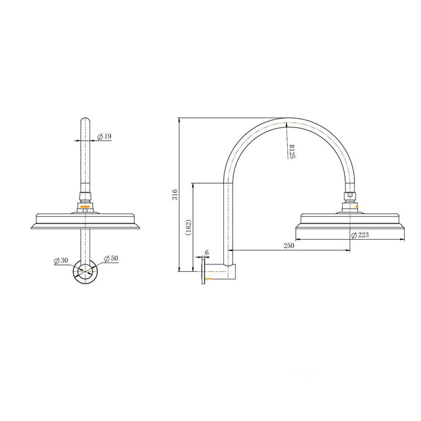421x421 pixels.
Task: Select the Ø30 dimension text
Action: point(61,260)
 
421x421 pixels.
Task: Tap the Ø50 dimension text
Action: point(111,258)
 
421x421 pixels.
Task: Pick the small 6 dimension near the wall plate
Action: point(206,253)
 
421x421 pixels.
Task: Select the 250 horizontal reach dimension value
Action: point(288,246)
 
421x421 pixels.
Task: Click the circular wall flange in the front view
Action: point(85,272)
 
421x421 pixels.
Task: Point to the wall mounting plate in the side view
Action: point(204,272)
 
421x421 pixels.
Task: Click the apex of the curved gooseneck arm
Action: point(287,121)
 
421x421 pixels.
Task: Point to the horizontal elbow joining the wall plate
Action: point(220,272)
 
